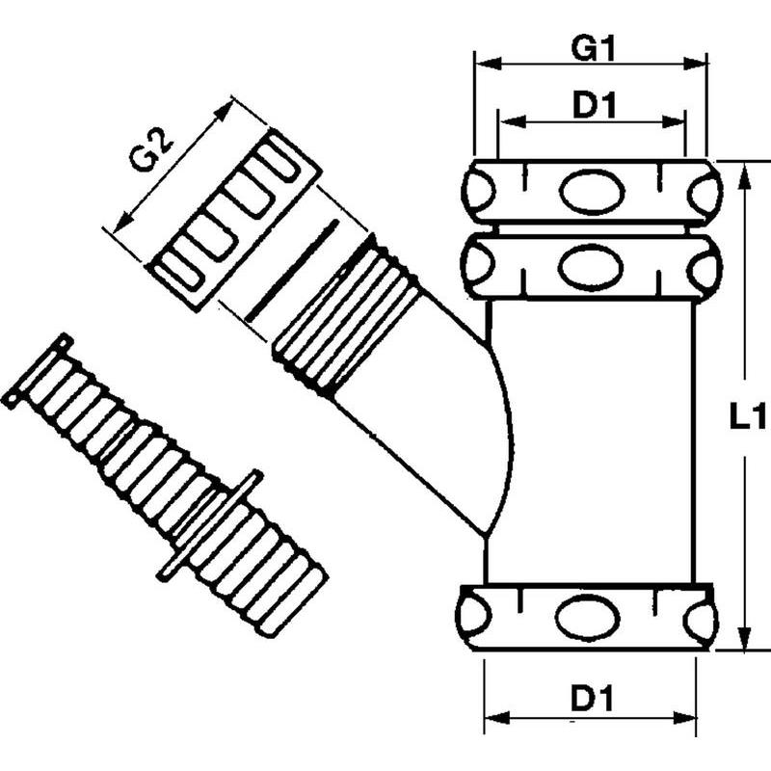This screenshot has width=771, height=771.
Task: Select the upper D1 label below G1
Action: click(593, 106)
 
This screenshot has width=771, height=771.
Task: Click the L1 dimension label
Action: click(745, 416)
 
